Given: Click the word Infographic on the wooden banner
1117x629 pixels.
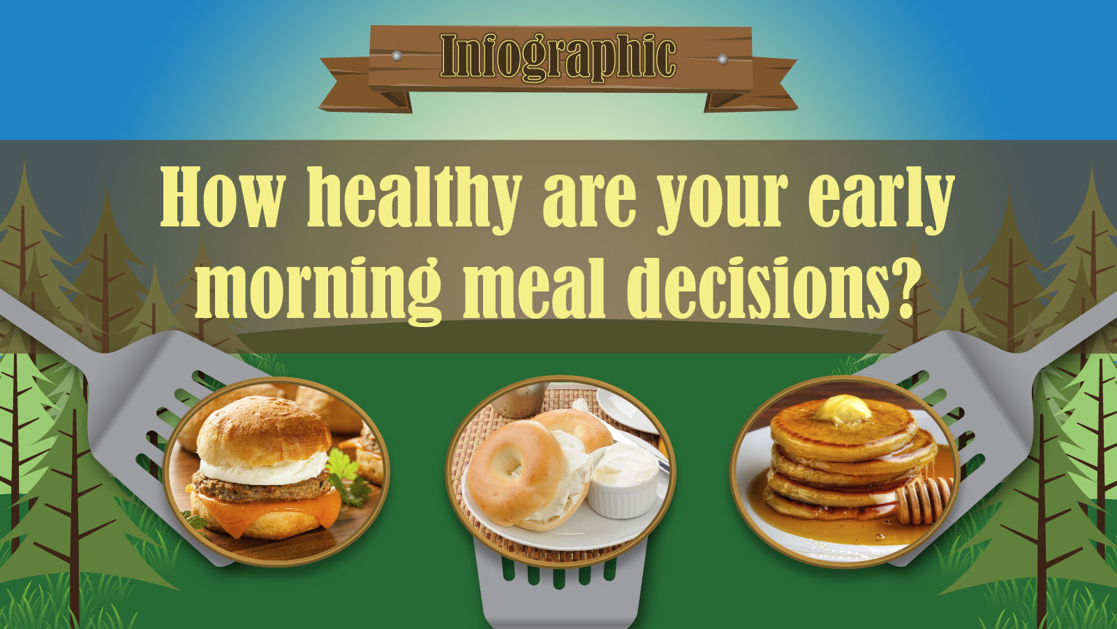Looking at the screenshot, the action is [558, 57].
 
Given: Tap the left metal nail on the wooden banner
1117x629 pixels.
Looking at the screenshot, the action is [397, 55].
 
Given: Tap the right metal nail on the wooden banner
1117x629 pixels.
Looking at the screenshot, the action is [722, 59].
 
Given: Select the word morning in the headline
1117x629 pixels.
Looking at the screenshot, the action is [318, 289].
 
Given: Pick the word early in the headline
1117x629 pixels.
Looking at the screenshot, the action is [881, 200].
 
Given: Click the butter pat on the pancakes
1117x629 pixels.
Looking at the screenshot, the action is [843, 410].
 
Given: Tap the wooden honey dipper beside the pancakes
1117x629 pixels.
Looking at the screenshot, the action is [922, 499].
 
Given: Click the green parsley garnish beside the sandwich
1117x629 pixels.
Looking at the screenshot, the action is [348, 477].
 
